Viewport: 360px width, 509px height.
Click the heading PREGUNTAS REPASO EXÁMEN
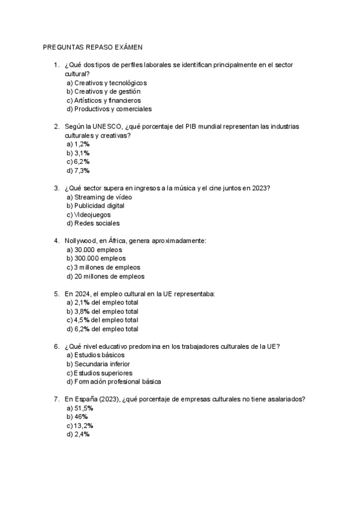[x=93, y=46]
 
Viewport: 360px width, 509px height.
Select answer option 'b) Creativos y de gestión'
[x=103, y=91]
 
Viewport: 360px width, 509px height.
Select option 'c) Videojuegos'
[x=89, y=214]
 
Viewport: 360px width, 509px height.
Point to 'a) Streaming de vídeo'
[x=99, y=197]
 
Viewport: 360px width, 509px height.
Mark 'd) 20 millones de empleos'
[x=106, y=276]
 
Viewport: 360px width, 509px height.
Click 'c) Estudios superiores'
[x=100, y=373]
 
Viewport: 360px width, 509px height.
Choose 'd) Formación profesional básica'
[x=114, y=382]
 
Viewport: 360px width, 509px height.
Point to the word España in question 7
[x=89, y=399]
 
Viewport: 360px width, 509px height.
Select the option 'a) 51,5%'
[x=80, y=408]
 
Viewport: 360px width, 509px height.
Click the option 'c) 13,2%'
[x=80, y=426]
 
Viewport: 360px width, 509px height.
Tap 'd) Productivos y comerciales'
[x=109, y=109]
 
